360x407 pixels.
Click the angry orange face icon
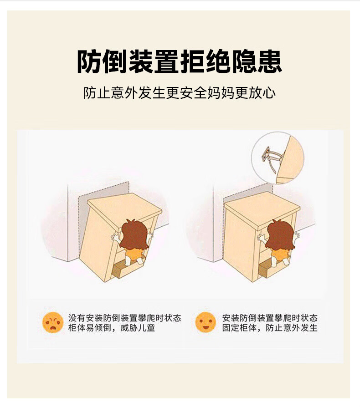(53, 322)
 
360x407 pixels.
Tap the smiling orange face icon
(206, 322)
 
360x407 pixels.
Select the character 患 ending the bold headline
(270, 62)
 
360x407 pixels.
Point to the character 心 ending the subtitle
(269, 93)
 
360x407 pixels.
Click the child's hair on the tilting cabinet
(134, 235)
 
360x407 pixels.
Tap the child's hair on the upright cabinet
(280, 235)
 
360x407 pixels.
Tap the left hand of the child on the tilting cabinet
(115, 237)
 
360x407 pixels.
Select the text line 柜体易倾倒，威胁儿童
(112, 328)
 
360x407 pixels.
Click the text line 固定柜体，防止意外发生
(270, 328)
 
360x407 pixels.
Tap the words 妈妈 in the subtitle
(221, 93)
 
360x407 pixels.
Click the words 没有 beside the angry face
(77, 318)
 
